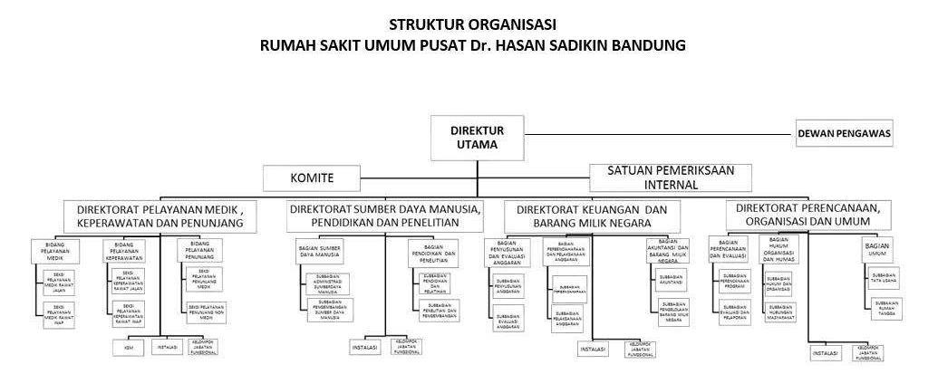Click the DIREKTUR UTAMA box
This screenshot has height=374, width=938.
click(478, 137)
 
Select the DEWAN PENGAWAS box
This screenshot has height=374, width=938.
click(845, 135)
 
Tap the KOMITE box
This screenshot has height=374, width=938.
click(311, 177)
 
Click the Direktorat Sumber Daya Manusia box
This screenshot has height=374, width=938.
click(384, 216)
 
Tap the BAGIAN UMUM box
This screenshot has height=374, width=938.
click(876, 250)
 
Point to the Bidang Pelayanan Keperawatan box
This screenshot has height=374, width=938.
click(125, 251)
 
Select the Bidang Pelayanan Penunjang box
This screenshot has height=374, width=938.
click(201, 251)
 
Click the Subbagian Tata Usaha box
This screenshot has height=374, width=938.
click(883, 278)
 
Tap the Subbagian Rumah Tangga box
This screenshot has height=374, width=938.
click(883, 310)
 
